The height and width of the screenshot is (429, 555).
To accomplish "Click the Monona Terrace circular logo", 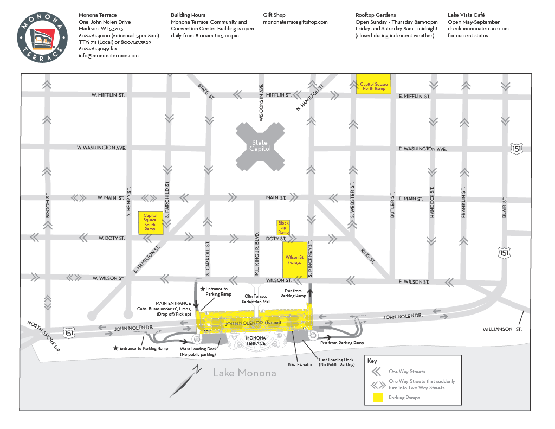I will [x=42, y=37].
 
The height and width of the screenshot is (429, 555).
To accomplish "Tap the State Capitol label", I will [x=260, y=145].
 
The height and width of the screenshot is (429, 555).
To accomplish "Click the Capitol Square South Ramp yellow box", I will [x=150, y=222].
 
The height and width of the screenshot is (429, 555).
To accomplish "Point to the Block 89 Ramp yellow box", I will [x=283, y=228].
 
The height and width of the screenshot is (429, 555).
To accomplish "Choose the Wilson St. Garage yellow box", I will [x=294, y=260].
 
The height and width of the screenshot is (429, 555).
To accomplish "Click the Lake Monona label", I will [x=244, y=373].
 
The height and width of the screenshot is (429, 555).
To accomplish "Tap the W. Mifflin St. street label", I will [x=108, y=95].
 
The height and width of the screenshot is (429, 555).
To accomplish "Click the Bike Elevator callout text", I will [x=300, y=365].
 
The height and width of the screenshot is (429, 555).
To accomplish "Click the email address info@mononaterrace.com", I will [x=108, y=55].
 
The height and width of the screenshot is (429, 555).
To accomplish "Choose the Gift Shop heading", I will [x=274, y=15].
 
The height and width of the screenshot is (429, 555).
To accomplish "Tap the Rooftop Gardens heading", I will [x=376, y=15].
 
